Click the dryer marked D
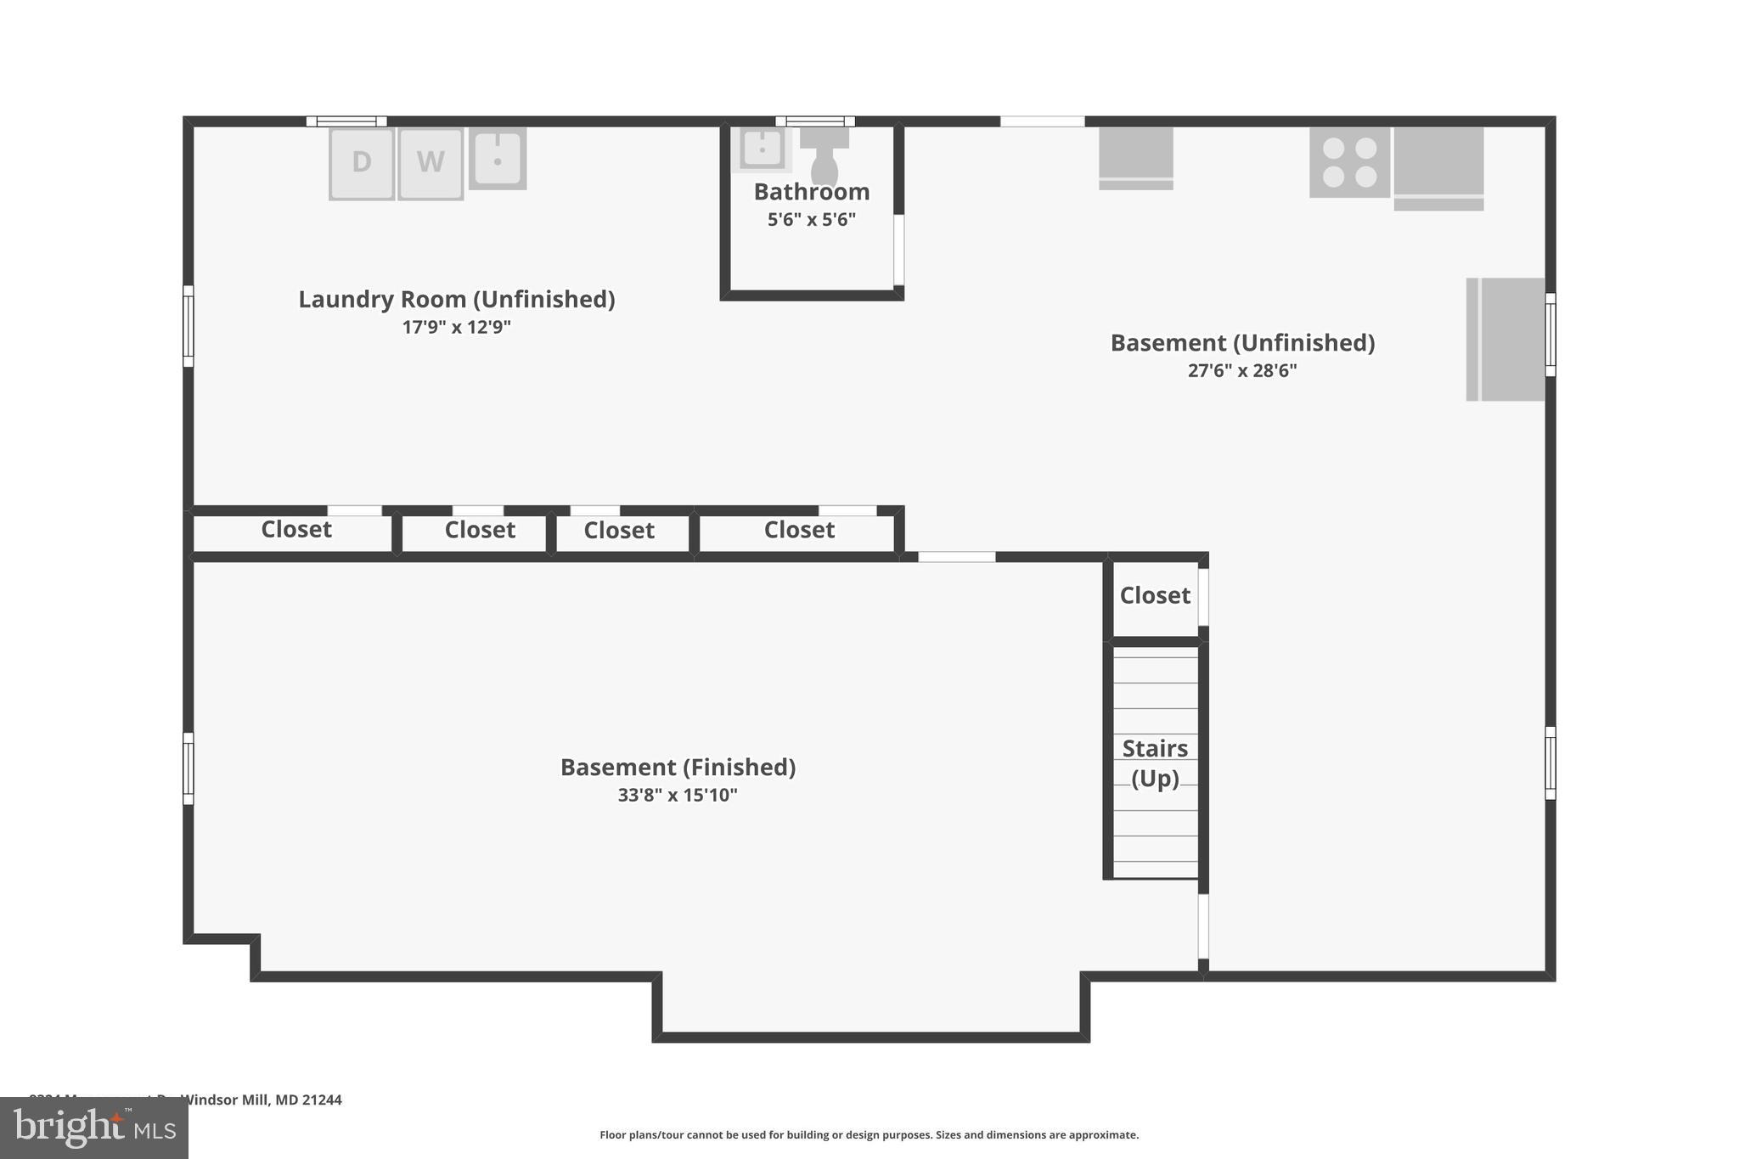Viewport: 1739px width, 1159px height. [x=362, y=163]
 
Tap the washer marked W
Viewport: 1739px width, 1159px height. [x=431, y=163]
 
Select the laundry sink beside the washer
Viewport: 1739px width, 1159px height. [x=498, y=158]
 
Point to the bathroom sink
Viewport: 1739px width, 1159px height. [x=762, y=149]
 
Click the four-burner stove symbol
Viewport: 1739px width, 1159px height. [x=1349, y=162]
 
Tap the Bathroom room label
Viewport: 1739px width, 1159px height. [x=812, y=192]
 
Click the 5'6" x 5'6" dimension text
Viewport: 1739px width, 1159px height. [x=812, y=220]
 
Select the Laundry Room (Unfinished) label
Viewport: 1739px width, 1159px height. [x=457, y=300]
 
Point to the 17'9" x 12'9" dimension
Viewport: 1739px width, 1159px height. [x=457, y=327]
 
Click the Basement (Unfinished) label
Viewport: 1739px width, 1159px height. [x=1242, y=343]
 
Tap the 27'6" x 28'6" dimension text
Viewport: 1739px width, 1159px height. [x=1242, y=370]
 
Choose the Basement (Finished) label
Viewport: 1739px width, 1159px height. [x=678, y=768]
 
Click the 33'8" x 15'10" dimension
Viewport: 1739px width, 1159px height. [x=678, y=796]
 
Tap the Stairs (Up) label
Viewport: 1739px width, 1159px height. [x=1155, y=763]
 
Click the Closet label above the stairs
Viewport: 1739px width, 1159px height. [x=1155, y=596]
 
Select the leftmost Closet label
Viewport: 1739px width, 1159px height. [x=295, y=530]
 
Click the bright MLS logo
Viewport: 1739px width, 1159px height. [x=94, y=1128]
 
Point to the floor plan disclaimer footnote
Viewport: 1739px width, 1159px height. [x=869, y=1135]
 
